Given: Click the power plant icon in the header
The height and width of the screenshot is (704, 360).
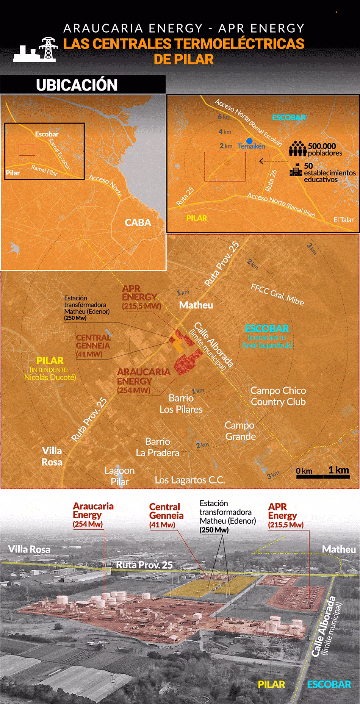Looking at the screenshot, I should click(x=34, y=50).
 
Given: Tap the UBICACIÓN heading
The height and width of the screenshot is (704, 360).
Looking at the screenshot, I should click(x=77, y=85).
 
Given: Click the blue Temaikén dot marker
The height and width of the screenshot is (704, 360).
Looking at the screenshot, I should click(x=249, y=141).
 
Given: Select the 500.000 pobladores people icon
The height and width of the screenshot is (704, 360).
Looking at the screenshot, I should click(x=297, y=149).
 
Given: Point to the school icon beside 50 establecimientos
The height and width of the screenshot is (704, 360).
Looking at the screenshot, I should click(x=295, y=170).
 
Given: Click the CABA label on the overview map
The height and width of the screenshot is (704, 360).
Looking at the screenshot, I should click(x=138, y=222).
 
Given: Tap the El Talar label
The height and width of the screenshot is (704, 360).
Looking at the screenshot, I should click(x=344, y=220).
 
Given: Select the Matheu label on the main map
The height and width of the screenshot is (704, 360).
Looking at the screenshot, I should click(x=196, y=305).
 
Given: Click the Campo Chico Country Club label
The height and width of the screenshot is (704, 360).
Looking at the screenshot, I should click(x=278, y=396).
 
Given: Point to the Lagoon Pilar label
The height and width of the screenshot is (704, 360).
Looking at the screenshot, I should click(x=120, y=476).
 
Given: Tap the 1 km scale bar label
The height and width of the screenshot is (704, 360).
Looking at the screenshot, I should click(x=338, y=470).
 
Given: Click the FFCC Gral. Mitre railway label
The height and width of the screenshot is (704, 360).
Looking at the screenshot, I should click(x=277, y=294).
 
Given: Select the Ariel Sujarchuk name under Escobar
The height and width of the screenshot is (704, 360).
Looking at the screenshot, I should click(x=267, y=345).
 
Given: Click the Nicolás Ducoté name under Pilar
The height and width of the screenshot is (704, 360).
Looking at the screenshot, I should click(x=50, y=377).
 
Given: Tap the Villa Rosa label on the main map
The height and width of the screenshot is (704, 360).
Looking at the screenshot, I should click(x=52, y=456).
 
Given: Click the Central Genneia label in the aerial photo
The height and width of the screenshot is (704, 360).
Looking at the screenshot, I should click(x=166, y=511).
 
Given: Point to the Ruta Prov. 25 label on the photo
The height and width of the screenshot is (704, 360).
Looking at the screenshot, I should click(x=144, y=565).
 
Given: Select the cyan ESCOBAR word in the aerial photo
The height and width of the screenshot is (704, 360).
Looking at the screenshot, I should click(x=329, y=684).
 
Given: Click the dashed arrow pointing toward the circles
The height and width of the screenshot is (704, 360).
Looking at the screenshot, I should click(x=272, y=161).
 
